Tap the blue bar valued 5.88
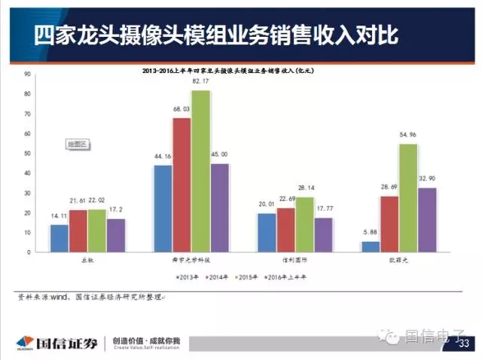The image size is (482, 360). [x=371, y=247]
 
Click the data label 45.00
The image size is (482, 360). [x=220, y=155]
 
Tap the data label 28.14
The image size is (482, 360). [x=305, y=188]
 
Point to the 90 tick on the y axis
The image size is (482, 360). [x=27, y=74]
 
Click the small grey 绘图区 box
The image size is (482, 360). [x=78, y=142]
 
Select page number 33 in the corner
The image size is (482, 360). [x=462, y=344]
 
